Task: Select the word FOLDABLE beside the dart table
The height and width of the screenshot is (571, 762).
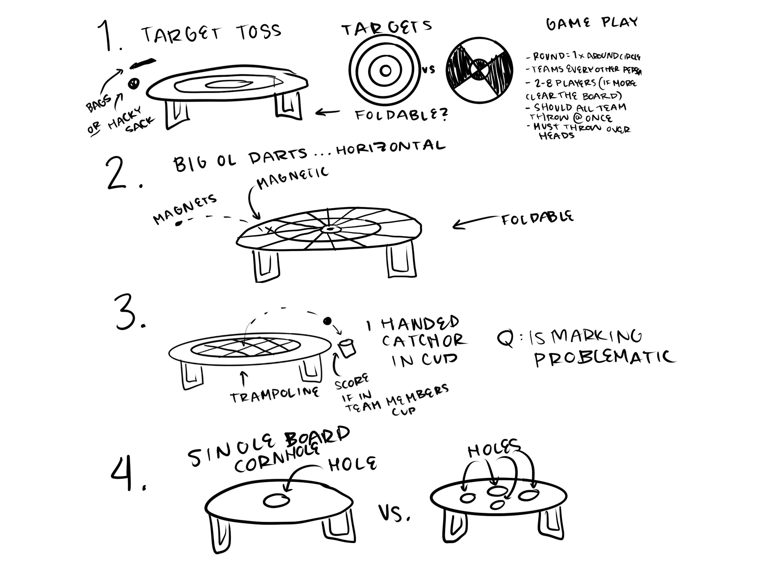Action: pyautogui.click(x=537, y=218)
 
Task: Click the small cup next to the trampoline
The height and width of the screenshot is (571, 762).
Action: pyautogui.click(x=347, y=348)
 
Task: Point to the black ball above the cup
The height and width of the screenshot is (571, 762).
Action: pyautogui.click(x=327, y=321)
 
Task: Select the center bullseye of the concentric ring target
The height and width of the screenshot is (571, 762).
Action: pyautogui.click(x=385, y=71)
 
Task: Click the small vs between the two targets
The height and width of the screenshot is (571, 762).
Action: pyautogui.click(x=429, y=70)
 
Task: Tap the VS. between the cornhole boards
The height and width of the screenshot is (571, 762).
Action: pyautogui.click(x=394, y=514)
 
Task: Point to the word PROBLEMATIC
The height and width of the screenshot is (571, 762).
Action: pyautogui.click(x=604, y=358)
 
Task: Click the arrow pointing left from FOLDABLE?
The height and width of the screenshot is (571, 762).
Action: pyautogui.click(x=327, y=113)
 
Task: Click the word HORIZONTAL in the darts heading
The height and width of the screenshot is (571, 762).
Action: pyautogui.click(x=391, y=147)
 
